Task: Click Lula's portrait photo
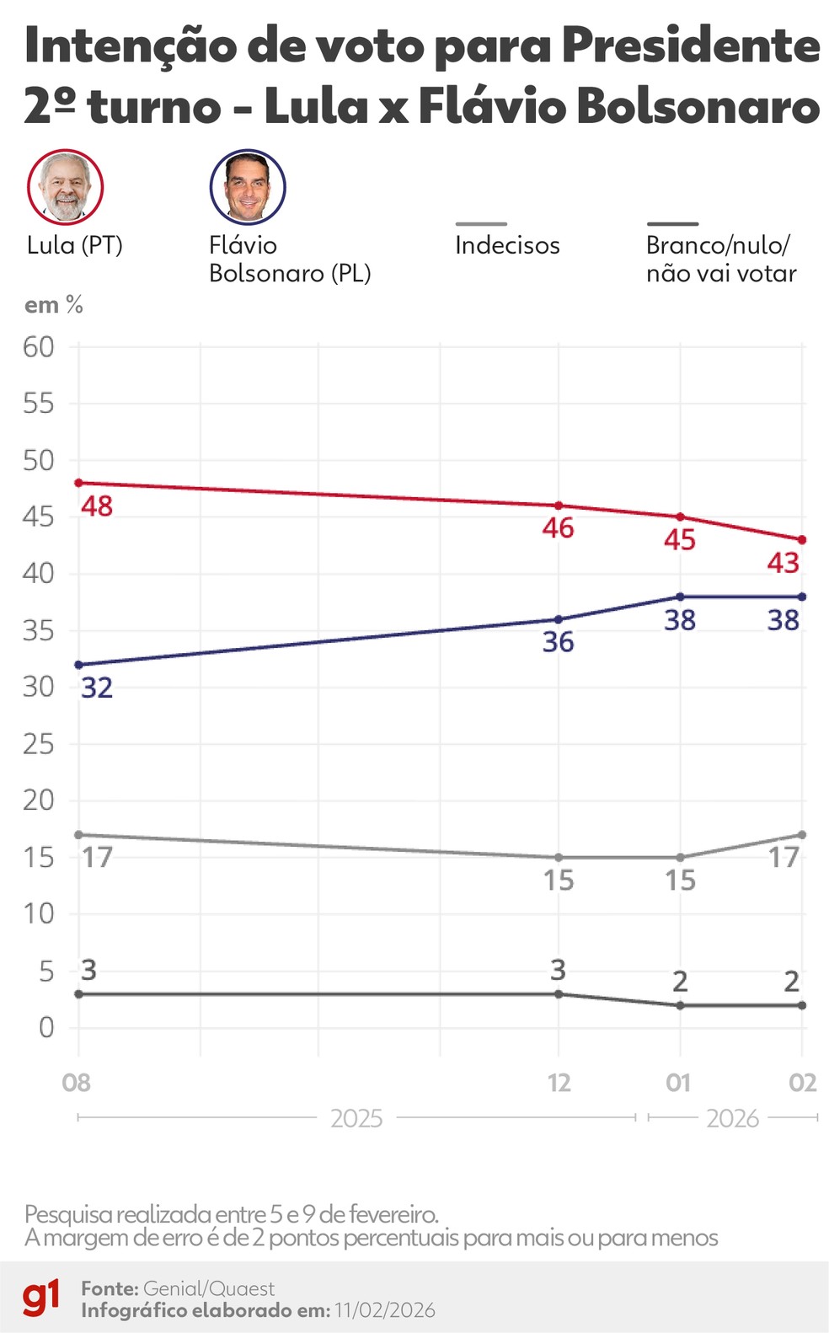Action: pyautogui.click(x=66, y=187)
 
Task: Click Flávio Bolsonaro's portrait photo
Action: pyautogui.click(x=248, y=187)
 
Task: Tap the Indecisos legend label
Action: pyautogui.click(x=507, y=245)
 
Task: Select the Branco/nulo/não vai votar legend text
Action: pyautogui.click(x=720, y=259)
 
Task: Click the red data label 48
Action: pyautogui.click(x=97, y=506)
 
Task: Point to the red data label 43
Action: pyautogui.click(x=783, y=562)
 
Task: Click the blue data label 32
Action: pyautogui.click(x=97, y=688)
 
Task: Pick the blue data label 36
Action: pyautogui.click(x=558, y=642)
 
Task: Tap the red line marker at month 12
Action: pyautogui.click(x=558, y=506)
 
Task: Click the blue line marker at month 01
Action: pyautogui.click(x=680, y=597)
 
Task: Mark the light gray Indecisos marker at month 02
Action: pyautogui.click(x=802, y=835)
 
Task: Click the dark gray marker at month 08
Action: pyautogui.click(x=79, y=994)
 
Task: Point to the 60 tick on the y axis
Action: pyautogui.click(x=39, y=346)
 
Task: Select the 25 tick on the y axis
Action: pyautogui.click(x=39, y=744)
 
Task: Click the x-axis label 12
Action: pyautogui.click(x=559, y=1083)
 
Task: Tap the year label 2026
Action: pyautogui.click(x=732, y=1118)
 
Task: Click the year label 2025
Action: pyautogui.click(x=356, y=1118)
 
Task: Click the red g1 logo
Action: pyautogui.click(x=40, y=1298)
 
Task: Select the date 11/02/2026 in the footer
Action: pyautogui.click(x=384, y=1310)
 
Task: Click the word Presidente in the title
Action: pyautogui.click(x=690, y=46)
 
